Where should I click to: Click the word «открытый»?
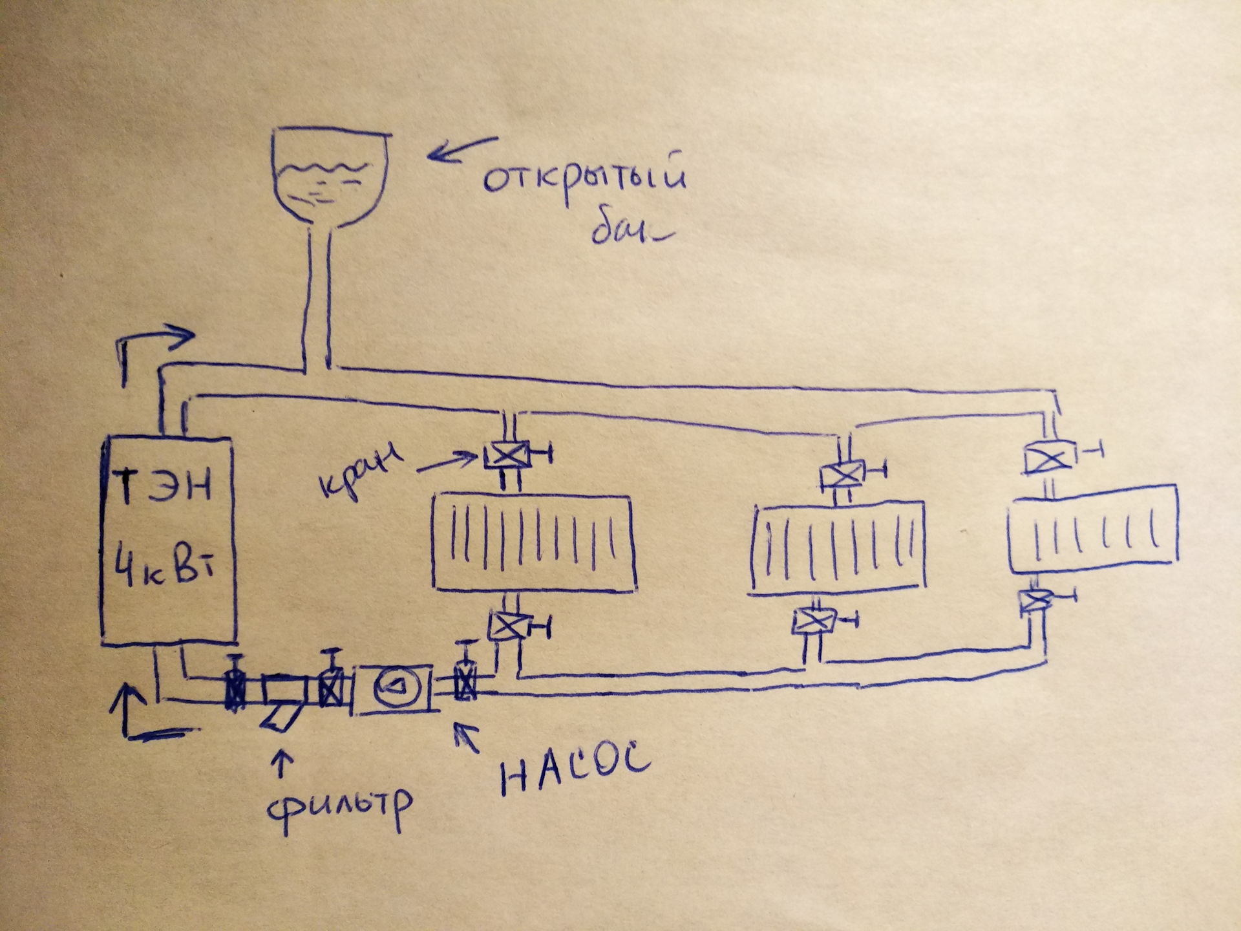[x=584, y=178]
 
